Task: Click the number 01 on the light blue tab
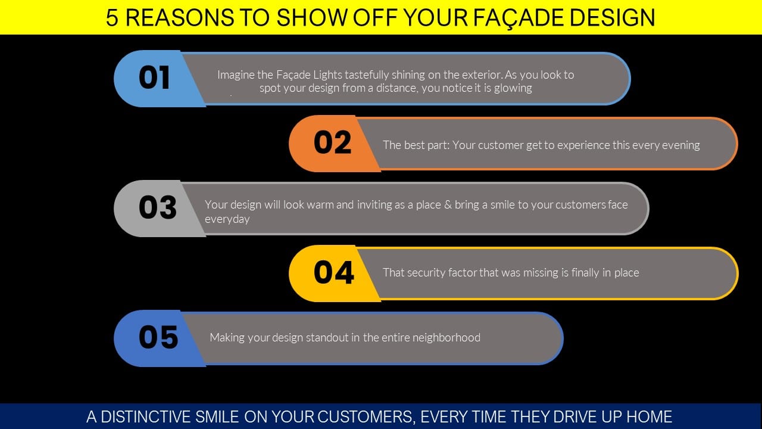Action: coord(154,77)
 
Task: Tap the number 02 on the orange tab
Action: coord(332,142)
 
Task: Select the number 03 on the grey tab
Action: coord(158,207)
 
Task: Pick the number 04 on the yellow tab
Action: coord(334,272)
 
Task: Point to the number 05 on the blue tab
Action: coord(158,337)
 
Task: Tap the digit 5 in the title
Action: coord(112,17)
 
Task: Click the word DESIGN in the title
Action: coord(612,17)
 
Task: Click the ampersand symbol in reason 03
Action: coord(448,204)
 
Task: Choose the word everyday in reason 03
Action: coord(227,219)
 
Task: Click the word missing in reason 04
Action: coord(541,273)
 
